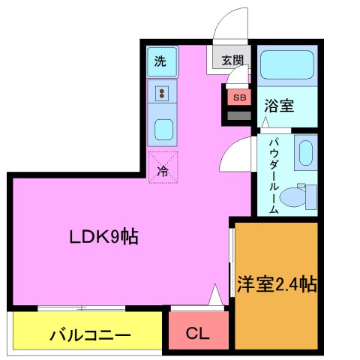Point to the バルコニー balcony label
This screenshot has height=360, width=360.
(x=90, y=334)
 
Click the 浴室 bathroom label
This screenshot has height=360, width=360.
(x=279, y=106)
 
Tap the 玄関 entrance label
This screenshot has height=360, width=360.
(x=232, y=60)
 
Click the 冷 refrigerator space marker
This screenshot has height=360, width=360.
(x=163, y=166)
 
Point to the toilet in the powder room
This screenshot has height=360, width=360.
(x=304, y=196)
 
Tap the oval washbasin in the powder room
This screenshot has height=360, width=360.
(x=304, y=154)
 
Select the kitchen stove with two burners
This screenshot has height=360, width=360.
(x=162, y=93)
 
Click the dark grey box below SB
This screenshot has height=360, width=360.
(x=239, y=115)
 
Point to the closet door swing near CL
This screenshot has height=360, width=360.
(x=215, y=297)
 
